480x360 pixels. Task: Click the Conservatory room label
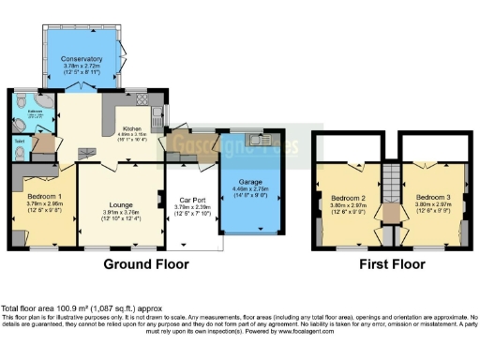(82, 58)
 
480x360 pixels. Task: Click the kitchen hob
(142, 98)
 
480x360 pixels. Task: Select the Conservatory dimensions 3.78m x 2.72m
(82, 67)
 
